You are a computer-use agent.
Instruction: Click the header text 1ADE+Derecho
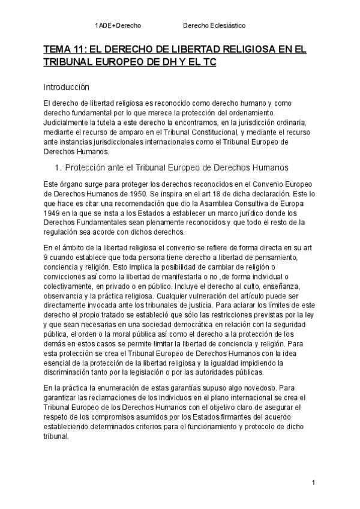tap(118, 26)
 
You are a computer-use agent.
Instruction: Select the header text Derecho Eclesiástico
tap(214, 26)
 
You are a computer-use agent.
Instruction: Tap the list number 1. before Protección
tap(58, 167)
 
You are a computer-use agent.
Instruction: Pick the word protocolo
tap(259, 427)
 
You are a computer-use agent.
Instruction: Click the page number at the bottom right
tap(313, 483)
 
